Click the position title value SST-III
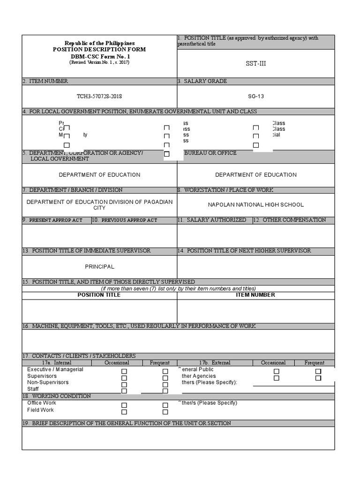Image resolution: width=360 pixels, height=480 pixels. [255, 63]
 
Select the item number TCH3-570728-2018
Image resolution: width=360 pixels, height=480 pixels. [99, 96]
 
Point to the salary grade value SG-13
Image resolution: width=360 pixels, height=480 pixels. [255, 96]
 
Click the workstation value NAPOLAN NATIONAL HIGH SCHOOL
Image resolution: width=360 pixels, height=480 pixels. [255, 205]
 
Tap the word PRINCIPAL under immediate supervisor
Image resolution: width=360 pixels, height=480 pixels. [99, 267]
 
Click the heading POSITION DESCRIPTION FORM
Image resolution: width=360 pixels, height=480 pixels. [99, 49]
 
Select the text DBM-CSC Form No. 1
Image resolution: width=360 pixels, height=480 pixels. [99, 56]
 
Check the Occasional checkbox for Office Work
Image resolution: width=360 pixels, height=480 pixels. [124, 405]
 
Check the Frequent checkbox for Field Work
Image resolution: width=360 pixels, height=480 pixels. [165, 412]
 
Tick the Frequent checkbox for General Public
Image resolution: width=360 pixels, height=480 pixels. [318, 371]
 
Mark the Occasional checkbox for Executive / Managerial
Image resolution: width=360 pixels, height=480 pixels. [124, 371]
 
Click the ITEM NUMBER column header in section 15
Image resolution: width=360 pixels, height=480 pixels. [255, 295]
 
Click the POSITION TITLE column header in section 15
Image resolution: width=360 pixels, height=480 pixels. [99, 295]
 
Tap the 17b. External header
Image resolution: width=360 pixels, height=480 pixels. [214, 363]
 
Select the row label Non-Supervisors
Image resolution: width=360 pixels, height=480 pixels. [48, 382]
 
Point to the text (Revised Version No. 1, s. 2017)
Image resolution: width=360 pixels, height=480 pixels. [99, 62]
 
